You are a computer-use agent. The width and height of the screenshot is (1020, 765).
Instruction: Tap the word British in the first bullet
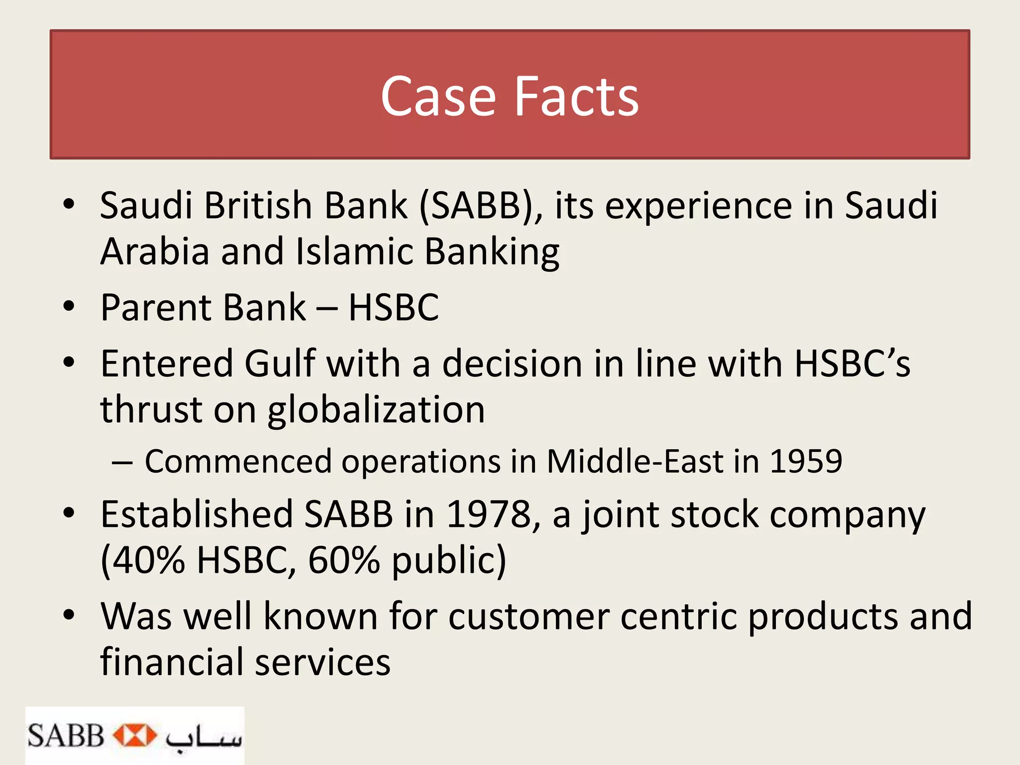258,205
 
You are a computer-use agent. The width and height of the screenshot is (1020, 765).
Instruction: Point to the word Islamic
354,251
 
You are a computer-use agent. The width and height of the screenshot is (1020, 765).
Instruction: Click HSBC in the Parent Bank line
393,307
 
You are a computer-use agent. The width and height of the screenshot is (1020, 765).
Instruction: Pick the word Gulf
280,363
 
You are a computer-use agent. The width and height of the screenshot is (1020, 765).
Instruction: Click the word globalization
376,410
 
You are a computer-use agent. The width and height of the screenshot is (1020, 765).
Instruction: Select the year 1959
806,461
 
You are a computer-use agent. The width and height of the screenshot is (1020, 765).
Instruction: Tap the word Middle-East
635,461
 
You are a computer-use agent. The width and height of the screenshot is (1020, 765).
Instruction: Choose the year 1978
489,514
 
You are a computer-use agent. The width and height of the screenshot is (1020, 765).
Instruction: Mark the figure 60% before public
344,560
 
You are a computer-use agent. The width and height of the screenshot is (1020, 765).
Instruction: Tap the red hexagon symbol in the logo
134,736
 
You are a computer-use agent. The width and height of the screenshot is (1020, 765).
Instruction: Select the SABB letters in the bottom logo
65,736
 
